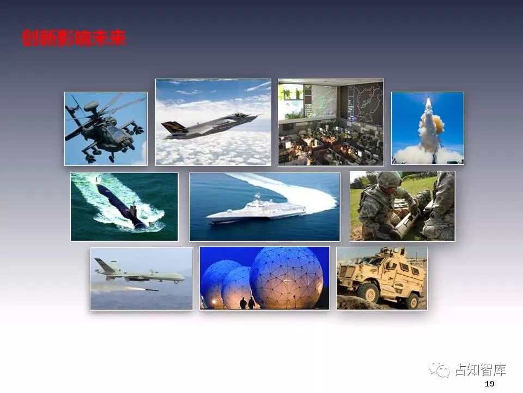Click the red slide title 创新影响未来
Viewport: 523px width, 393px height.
click(x=74, y=38)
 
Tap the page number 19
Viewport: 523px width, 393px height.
click(x=490, y=384)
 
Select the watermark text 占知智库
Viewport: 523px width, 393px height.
click(x=481, y=370)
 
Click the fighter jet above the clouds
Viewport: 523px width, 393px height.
click(x=210, y=126)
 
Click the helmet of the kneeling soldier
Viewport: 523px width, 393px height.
click(x=388, y=179)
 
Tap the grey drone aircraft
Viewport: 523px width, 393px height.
click(x=139, y=272)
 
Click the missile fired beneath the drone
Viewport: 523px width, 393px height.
click(x=144, y=289)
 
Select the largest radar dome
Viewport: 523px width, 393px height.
click(x=287, y=277)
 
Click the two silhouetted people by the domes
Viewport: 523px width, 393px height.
click(x=247, y=303)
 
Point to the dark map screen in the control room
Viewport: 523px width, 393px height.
click(x=364, y=103)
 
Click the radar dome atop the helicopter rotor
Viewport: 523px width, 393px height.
click(x=92, y=106)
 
